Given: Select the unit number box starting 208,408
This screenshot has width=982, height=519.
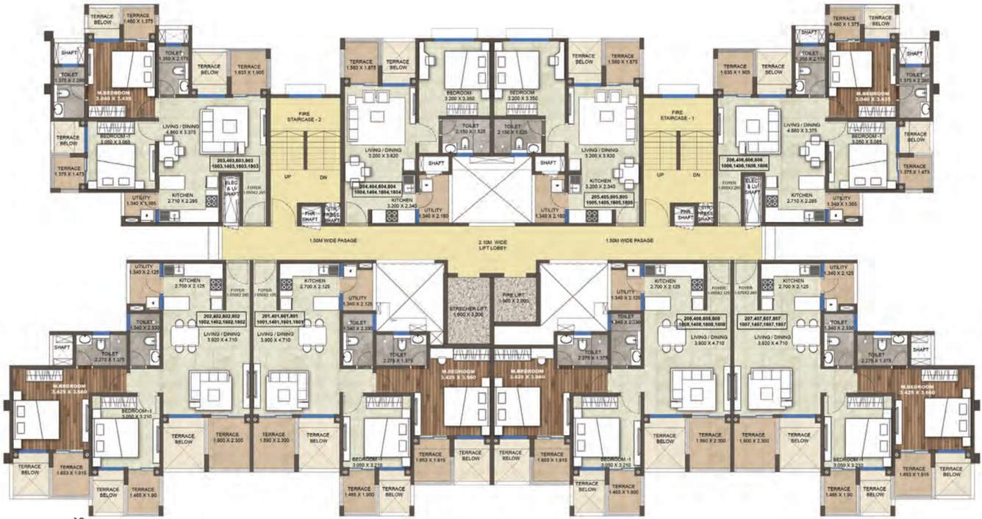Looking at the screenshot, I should click(x=699, y=320).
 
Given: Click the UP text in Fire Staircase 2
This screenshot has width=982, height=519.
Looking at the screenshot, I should click(x=289, y=176).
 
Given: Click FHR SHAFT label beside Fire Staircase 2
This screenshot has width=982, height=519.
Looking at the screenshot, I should click(x=309, y=215).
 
